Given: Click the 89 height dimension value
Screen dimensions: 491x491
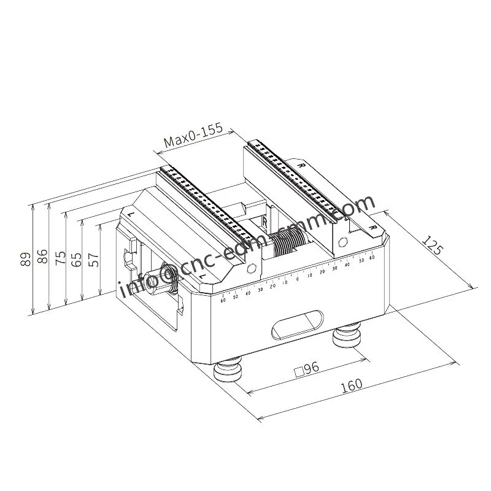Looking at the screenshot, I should (x=25, y=258).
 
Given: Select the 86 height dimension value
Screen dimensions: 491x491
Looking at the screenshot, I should (x=42, y=256).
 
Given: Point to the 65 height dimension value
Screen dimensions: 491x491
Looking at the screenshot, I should (x=76, y=258).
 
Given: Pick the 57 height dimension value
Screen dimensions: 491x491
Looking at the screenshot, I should (x=93, y=258).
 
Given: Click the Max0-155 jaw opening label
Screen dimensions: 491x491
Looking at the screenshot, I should (x=193, y=139).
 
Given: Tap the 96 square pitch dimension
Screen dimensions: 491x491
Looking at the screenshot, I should (x=307, y=369).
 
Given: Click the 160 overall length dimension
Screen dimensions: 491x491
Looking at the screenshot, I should (x=350, y=386).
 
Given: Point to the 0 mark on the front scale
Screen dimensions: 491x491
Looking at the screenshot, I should (x=297, y=279).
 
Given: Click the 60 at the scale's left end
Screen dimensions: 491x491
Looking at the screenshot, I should (x=223, y=300).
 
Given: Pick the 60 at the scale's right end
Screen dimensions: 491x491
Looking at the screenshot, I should (x=372, y=258).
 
